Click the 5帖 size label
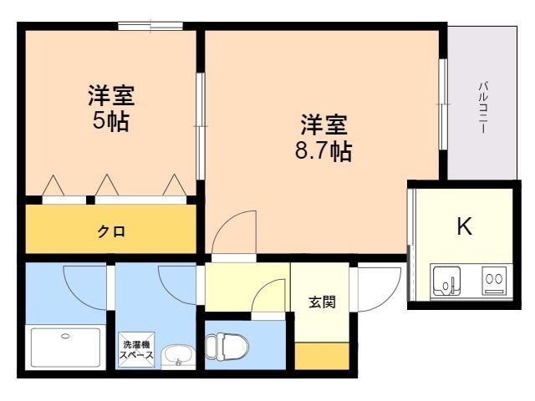[111, 121]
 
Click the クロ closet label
[111, 231]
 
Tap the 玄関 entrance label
[322, 302]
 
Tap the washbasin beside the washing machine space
[176, 357]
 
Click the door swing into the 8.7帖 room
[234, 230]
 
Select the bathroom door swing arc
[82, 285]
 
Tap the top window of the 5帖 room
[151, 27]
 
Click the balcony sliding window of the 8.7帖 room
[442, 104]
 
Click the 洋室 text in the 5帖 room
[111, 94]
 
